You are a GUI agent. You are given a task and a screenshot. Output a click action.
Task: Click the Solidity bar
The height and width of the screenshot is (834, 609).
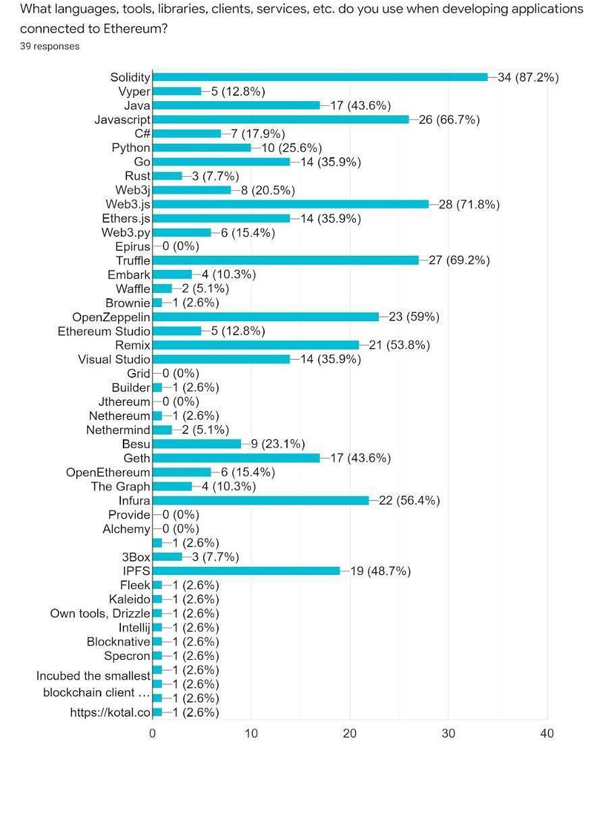(x=320, y=77)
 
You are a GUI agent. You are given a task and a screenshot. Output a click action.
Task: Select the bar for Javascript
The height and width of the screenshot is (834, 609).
(x=281, y=119)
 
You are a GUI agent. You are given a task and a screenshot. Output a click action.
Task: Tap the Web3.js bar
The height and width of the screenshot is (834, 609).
(x=290, y=204)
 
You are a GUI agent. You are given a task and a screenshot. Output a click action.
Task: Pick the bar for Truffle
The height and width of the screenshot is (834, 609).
(x=286, y=260)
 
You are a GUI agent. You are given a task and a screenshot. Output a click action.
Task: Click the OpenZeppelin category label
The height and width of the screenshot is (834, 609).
(x=111, y=317)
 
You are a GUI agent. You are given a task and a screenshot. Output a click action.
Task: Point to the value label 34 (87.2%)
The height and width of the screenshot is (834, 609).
(x=528, y=77)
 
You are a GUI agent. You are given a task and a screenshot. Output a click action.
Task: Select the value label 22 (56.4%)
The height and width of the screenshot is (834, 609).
(x=409, y=501)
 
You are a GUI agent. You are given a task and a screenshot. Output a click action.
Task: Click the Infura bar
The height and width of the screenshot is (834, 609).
(x=261, y=501)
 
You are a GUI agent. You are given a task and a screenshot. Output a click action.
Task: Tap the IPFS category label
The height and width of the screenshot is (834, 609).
(x=136, y=571)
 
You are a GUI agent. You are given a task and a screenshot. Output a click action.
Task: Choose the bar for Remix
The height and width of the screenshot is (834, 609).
(x=256, y=345)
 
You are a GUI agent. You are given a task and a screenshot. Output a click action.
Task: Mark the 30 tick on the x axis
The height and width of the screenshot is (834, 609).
(x=448, y=733)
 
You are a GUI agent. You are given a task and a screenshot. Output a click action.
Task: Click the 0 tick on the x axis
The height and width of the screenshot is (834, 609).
(x=153, y=733)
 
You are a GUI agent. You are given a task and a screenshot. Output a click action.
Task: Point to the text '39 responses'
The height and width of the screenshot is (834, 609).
(x=50, y=46)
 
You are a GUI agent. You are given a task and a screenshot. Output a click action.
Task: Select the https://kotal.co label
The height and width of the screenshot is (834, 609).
(x=110, y=713)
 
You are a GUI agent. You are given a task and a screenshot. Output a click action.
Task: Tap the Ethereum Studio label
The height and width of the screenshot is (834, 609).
(x=104, y=331)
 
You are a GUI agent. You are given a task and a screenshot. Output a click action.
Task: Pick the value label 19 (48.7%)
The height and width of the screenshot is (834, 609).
(x=380, y=571)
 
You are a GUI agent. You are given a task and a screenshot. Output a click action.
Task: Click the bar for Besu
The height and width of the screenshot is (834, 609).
(x=196, y=444)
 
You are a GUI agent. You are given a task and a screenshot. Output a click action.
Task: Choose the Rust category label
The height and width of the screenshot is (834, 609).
(x=138, y=176)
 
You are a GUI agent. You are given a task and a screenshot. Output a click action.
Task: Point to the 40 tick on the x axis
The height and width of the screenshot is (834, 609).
(x=547, y=733)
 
